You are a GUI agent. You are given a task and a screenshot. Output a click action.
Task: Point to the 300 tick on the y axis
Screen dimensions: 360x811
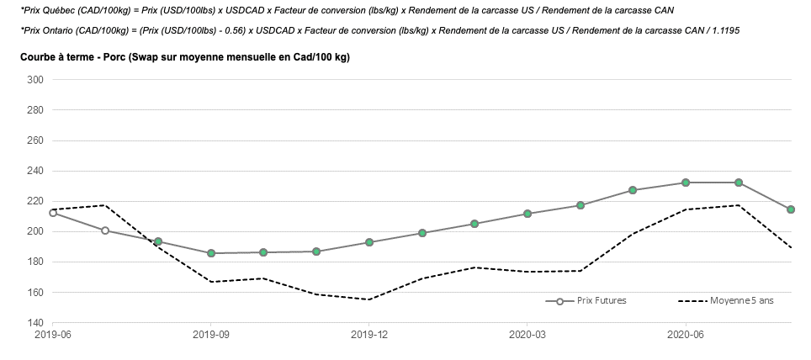pos(36,80)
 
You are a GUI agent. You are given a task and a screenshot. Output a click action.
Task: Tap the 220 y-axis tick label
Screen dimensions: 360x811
pos(36,201)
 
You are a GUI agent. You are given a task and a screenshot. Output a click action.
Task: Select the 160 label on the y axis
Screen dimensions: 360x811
pos(36,293)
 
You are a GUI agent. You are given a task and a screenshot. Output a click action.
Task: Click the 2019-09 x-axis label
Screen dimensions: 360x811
pos(210,334)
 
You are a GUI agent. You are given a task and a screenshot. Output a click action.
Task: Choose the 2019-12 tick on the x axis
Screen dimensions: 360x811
pos(368,334)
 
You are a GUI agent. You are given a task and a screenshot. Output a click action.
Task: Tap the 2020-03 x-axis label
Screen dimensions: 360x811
pos(527,334)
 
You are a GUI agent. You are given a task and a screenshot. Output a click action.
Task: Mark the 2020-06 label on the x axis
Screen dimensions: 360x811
pos(686,334)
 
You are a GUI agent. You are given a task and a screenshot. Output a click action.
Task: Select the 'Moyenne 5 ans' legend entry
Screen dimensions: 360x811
pos(741,301)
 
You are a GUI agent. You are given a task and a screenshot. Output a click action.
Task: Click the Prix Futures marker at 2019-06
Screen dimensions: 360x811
pos(53,213)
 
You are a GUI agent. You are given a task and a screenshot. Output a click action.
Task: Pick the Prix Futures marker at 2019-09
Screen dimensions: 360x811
pos(211,253)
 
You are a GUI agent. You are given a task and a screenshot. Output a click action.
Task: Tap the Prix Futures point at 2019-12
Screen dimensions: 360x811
pos(369,242)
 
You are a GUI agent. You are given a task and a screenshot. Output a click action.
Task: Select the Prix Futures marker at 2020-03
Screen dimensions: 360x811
pos(527,214)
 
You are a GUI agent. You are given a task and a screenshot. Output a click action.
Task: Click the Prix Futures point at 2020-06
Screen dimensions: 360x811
pos(686,183)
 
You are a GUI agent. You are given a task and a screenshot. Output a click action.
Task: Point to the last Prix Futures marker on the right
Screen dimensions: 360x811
pos(791,209)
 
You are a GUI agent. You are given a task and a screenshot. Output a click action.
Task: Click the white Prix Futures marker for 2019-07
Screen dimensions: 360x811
pos(105,230)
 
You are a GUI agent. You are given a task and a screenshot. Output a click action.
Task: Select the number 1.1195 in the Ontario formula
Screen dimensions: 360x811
pos(724,30)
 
